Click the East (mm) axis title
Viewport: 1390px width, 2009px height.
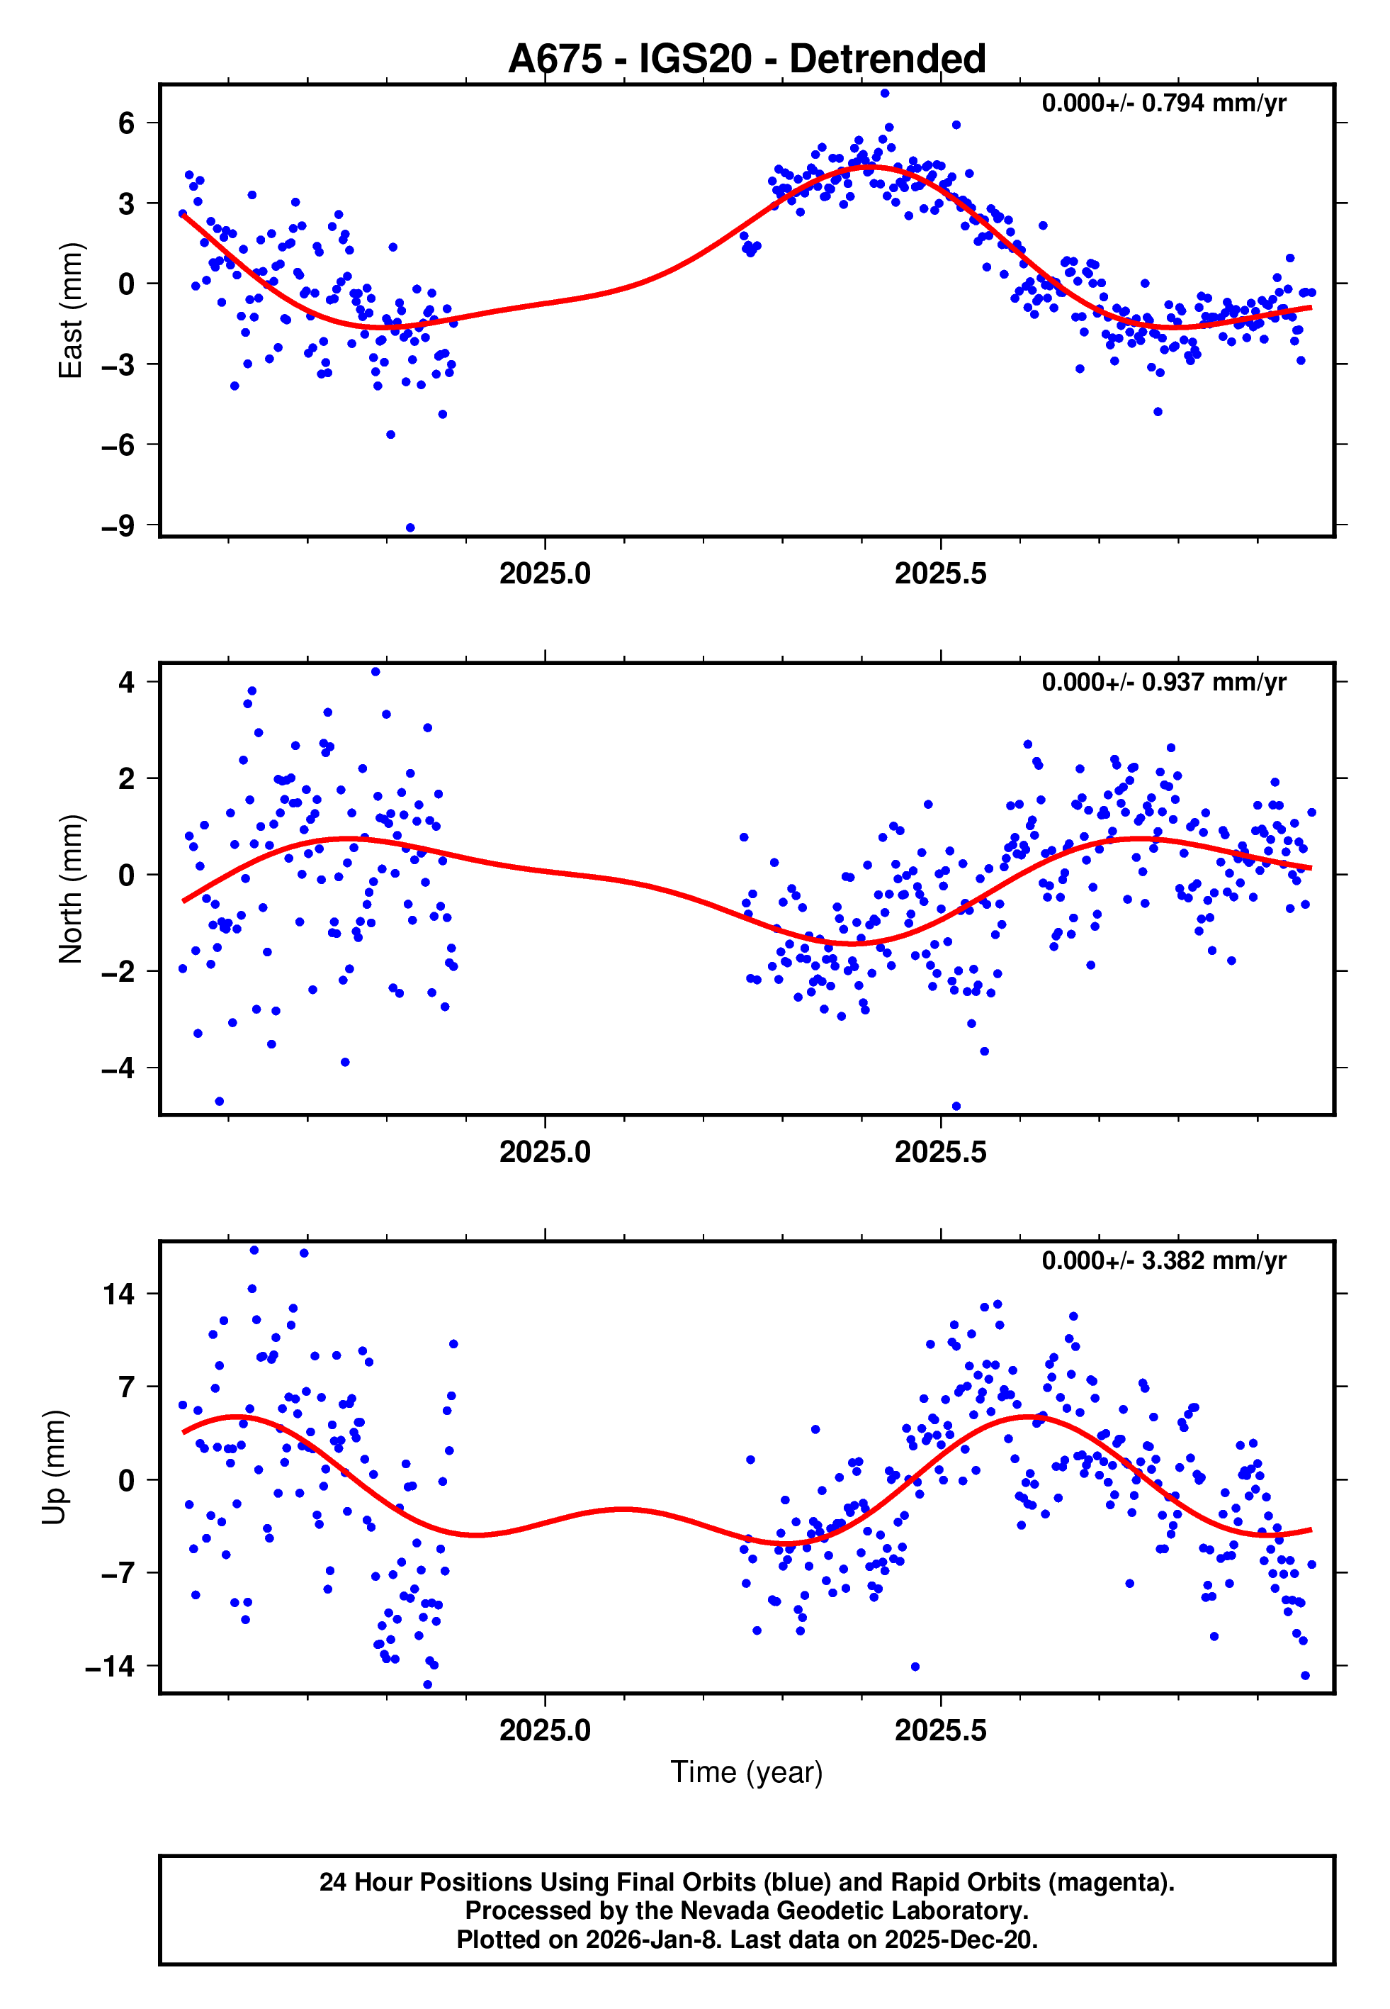coord(71,311)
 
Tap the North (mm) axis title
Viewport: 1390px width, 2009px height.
coord(71,890)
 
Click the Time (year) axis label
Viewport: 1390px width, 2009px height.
coord(747,1772)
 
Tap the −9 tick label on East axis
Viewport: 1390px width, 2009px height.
coord(118,526)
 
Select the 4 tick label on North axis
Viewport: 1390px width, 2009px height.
coord(127,682)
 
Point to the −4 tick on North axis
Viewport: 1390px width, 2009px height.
coord(118,1068)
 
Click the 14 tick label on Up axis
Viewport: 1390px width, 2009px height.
coord(119,1294)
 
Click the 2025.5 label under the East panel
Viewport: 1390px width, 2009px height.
coord(941,574)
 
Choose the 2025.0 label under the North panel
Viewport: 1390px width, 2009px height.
coord(546,1153)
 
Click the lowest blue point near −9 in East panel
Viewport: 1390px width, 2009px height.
coord(410,528)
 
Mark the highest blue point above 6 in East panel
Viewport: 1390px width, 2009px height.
coord(885,93)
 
